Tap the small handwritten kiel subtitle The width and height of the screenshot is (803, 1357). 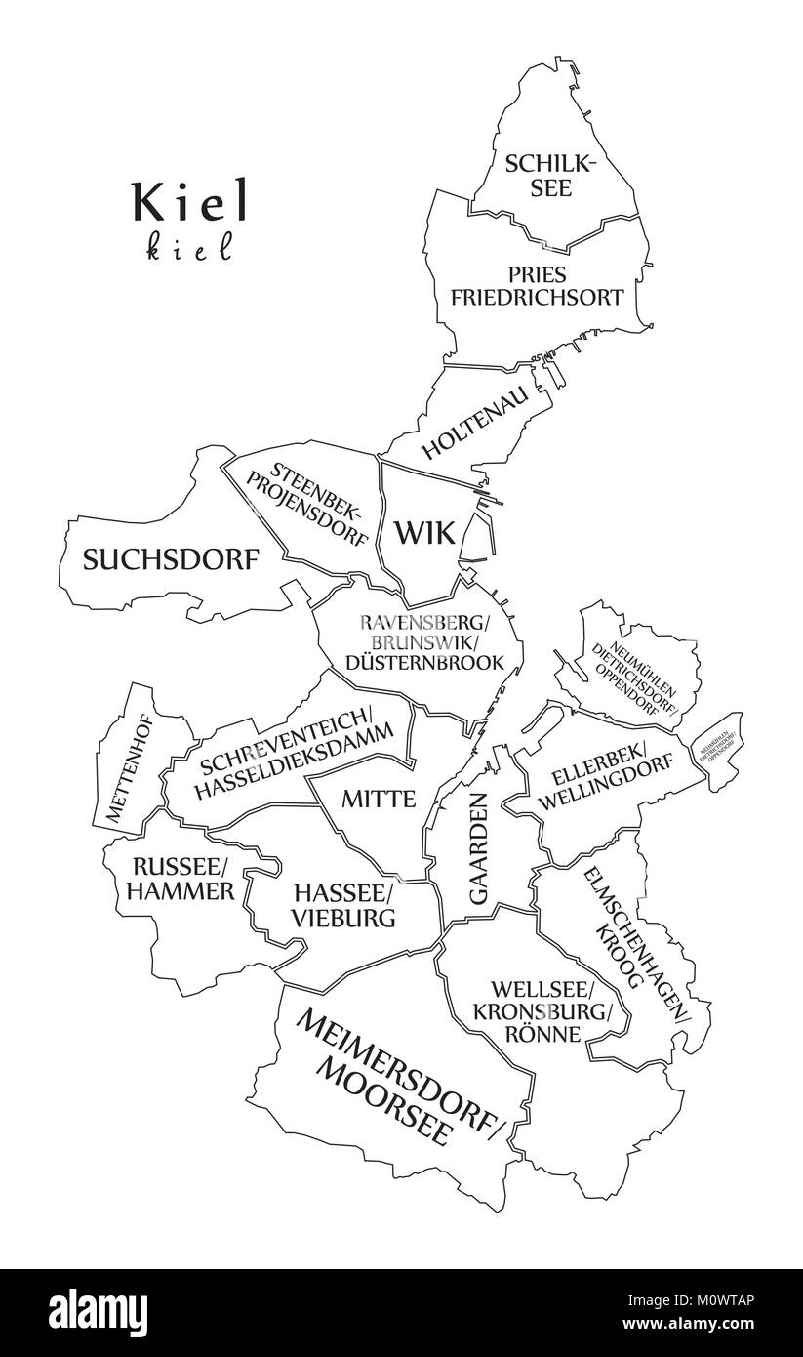tap(190, 249)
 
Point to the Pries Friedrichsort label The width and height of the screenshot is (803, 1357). tap(537, 286)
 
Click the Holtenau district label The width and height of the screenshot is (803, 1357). tap(475, 425)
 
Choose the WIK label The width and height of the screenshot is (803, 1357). tap(424, 533)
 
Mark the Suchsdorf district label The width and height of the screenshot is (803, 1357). tap(171, 560)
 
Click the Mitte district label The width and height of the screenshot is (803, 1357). tap(379, 799)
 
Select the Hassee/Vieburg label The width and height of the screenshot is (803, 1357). tap(344, 905)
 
